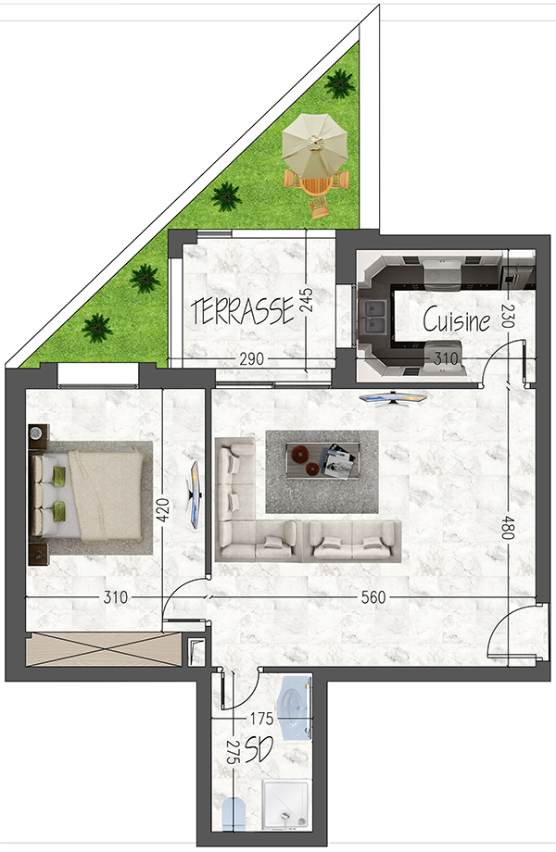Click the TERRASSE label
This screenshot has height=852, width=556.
(x=243, y=311)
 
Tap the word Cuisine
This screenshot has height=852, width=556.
(x=457, y=319)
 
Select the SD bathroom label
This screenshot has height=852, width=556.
(x=259, y=750)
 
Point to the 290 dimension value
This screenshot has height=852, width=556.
(x=252, y=358)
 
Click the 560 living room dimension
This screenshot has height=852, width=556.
(x=373, y=597)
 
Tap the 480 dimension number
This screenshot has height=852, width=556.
(x=507, y=528)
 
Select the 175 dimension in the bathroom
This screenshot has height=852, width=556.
(x=261, y=719)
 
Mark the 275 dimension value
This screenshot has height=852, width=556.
(x=233, y=753)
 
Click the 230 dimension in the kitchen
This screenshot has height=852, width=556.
(x=507, y=315)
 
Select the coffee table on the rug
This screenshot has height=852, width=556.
(x=322, y=460)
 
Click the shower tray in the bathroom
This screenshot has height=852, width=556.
(x=286, y=806)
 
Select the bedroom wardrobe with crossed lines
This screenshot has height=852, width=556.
(x=103, y=649)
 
